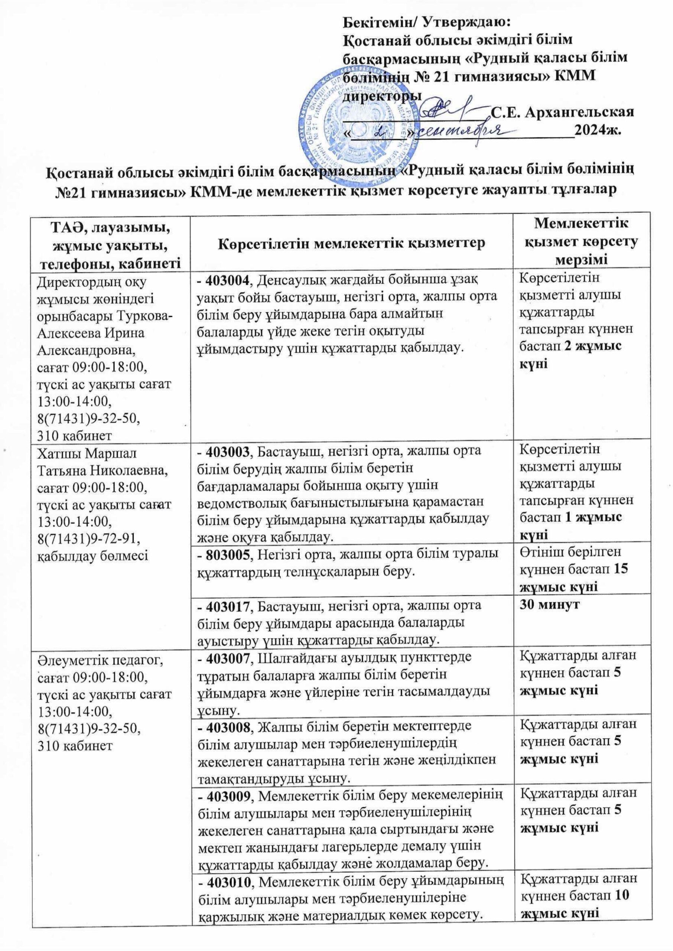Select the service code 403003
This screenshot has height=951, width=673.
pos(229,451)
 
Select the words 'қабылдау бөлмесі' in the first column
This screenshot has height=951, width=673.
pos(93,554)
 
